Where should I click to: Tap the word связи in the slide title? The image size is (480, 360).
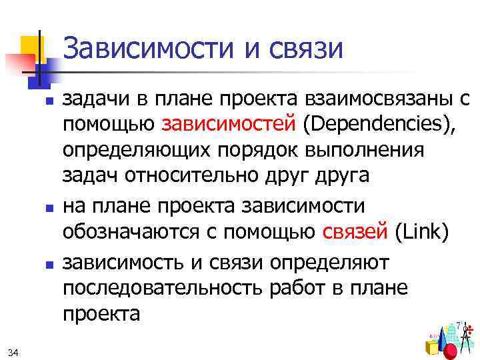point(306,47)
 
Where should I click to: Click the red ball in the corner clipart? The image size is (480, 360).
point(451,351)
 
